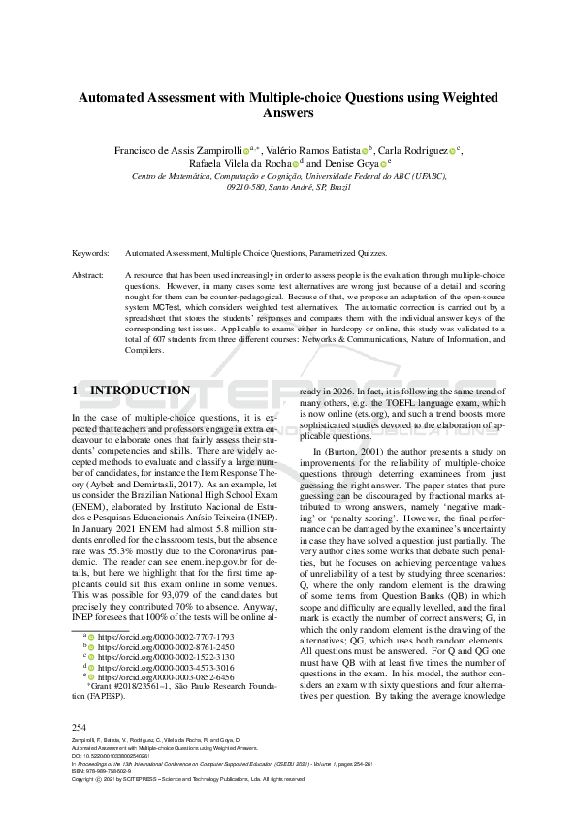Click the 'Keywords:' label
(90, 253)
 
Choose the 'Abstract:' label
(88, 276)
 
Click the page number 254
(80, 727)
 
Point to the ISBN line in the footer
(110, 771)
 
